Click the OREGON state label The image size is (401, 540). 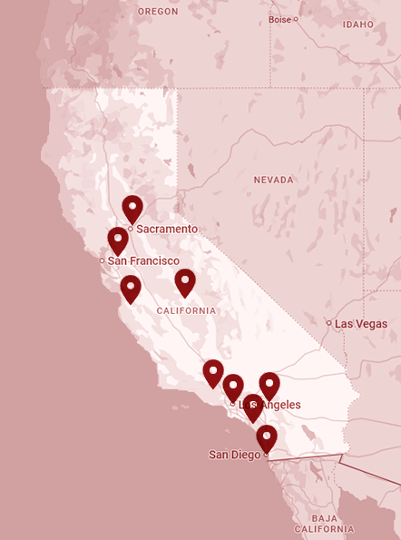[158, 11]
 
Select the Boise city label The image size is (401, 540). [279, 19]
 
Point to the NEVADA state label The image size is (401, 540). [273, 180]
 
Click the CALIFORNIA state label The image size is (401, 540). [186, 310]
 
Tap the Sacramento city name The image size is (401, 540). [167, 230]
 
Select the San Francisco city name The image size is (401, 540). [143, 260]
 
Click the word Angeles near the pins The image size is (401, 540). [278, 405]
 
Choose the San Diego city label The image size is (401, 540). [235, 455]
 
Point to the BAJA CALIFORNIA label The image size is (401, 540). [324, 522]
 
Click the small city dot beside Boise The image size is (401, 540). [296, 19]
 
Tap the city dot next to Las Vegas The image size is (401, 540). [329, 323]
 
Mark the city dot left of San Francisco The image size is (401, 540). [103, 260]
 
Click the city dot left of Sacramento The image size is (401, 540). [131, 229]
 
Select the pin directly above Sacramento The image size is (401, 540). [132, 209]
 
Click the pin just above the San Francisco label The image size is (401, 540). [118, 241]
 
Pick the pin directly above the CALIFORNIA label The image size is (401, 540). [185, 282]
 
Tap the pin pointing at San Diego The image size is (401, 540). [266, 438]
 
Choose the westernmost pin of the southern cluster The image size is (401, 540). [213, 373]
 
